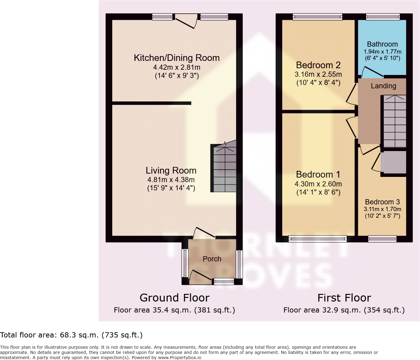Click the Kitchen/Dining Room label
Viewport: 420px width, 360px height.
pyautogui.click(x=177, y=58)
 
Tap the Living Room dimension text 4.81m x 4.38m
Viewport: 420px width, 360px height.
pyautogui.click(x=171, y=180)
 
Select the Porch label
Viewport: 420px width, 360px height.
pyautogui.click(x=212, y=259)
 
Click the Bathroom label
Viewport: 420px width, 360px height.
pyautogui.click(x=382, y=44)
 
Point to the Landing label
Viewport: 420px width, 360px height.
pyautogui.click(x=383, y=86)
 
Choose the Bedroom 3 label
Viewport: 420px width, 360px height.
pyautogui.click(x=382, y=202)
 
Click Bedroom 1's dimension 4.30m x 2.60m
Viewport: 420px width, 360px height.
pyautogui.click(x=318, y=184)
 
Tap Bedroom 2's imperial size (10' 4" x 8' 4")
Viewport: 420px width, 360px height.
pyautogui.click(x=318, y=83)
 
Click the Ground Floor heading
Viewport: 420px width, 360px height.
pyautogui.click(x=175, y=298)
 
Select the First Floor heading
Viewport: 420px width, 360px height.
pyautogui.click(x=344, y=298)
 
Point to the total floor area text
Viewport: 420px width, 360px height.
pyautogui.click(x=71, y=335)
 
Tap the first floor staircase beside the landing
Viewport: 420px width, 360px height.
pyautogui.click(x=394, y=122)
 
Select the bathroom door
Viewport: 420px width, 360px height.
pyautogui.click(x=372, y=72)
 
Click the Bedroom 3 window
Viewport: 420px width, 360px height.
pyautogui.click(x=382, y=239)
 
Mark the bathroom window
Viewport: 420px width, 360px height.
pyautogui.click(x=383, y=17)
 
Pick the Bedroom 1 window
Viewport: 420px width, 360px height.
pyautogui.click(x=318, y=239)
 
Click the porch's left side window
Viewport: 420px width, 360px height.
pyautogui.click(x=185, y=263)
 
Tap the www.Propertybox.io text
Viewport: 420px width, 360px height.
pyautogui.click(x=179, y=358)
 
